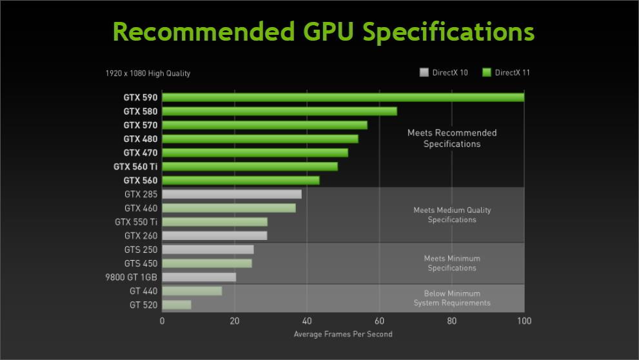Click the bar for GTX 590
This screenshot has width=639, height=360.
pyautogui.click(x=342, y=97)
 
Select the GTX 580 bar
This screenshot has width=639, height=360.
pyautogui.click(x=279, y=111)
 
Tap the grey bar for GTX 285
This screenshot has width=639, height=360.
pyautogui.click(x=231, y=194)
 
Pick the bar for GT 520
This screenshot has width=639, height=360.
pyautogui.click(x=176, y=305)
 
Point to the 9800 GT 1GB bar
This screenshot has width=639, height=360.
pyautogui.click(x=199, y=277)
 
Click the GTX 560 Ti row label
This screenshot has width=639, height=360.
pyautogui.click(x=135, y=166)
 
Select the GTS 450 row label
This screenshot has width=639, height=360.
pyautogui.click(x=141, y=263)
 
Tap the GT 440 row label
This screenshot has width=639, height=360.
pyautogui.click(x=143, y=291)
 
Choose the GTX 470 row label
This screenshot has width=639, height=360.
pyautogui.click(x=140, y=153)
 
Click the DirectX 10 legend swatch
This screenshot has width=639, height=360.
pyautogui.click(x=424, y=72)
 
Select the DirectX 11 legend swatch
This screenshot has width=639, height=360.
pyautogui.click(x=486, y=72)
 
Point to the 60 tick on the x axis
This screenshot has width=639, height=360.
pyautogui.click(x=379, y=321)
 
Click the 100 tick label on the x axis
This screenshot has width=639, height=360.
pyautogui.click(x=524, y=321)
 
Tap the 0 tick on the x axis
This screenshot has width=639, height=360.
pyautogui.click(x=162, y=321)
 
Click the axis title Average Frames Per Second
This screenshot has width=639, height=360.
pyautogui.click(x=342, y=334)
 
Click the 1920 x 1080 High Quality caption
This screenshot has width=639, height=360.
pyautogui.click(x=148, y=74)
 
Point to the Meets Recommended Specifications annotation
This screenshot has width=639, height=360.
pyautogui.click(x=452, y=138)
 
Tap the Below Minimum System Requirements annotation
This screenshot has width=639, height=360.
pyautogui.click(x=452, y=298)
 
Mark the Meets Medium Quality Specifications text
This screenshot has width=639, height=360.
pyautogui.click(x=452, y=215)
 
